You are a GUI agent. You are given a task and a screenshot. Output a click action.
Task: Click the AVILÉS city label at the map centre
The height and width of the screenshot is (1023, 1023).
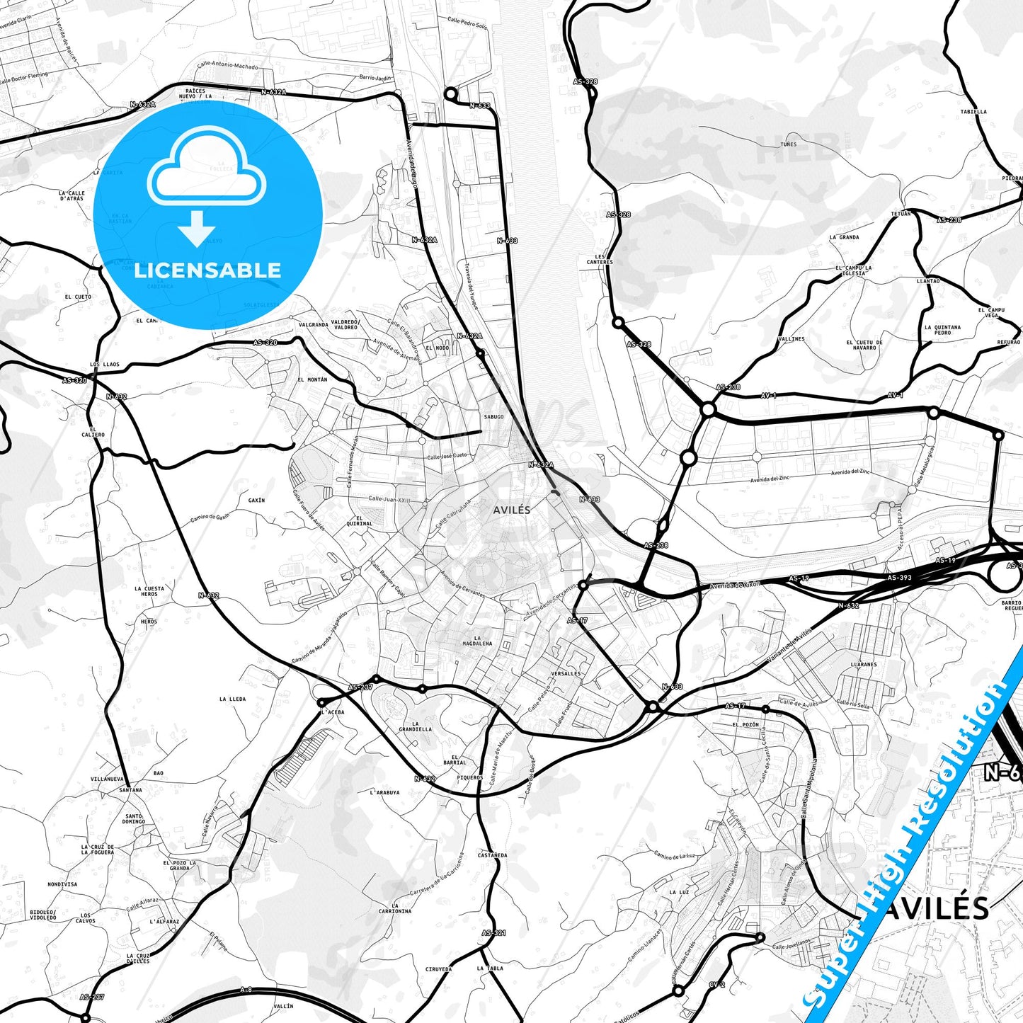pos(511,510)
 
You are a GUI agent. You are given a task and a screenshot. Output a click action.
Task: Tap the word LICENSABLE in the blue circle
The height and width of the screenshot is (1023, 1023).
pos(207,270)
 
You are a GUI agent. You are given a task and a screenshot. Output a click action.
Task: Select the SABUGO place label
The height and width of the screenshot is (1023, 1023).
pos(493,417)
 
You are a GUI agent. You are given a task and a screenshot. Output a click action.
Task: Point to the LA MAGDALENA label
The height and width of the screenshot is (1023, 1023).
pos(477,641)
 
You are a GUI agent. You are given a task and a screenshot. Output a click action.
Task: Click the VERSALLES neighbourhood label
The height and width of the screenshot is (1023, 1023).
pos(566,673)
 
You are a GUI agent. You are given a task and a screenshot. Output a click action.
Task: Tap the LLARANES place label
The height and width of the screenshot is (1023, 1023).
pos(864,665)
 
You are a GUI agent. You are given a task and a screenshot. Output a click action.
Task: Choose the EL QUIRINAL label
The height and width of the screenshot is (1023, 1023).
pos(360,520)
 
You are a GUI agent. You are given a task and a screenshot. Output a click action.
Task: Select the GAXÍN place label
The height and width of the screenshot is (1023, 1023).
pos(256,501)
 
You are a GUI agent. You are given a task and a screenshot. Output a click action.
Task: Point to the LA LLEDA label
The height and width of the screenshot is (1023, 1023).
pos(232,699)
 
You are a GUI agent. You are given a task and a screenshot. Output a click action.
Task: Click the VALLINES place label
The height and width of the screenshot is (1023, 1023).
pos(791,339)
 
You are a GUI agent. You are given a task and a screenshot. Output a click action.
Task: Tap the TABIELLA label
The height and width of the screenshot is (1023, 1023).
pos(973,112)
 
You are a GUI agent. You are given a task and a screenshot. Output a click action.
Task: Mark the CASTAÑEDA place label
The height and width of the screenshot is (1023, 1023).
pos(492,855)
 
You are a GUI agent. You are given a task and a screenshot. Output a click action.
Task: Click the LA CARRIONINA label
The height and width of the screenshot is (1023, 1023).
pos(394,908)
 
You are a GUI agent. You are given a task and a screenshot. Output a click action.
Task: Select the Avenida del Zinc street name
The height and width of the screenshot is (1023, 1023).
pos(850,472)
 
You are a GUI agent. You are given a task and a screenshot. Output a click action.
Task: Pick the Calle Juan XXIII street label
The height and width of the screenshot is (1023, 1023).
pos(389,499)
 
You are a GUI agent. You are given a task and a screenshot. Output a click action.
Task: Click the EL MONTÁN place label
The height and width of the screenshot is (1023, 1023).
pos(312,379)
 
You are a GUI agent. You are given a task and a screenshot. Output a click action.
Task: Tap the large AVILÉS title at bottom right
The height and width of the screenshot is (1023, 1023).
pos(935,909)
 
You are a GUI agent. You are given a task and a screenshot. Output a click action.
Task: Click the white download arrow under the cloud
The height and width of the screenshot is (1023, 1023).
pos(196,228)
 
